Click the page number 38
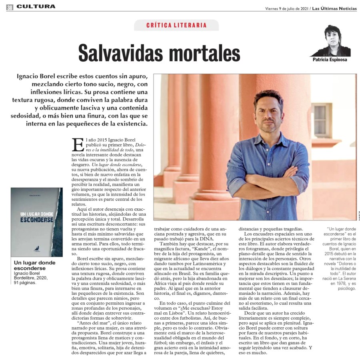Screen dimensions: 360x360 (x=9, y=6)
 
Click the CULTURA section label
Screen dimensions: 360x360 (x=36, y=6)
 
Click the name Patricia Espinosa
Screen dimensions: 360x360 (x=330, y=60)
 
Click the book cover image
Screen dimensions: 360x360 (x=36, y=222)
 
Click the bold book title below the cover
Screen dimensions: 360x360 (x=35, y=265)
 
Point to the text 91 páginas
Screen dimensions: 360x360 (x=24, y=282)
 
